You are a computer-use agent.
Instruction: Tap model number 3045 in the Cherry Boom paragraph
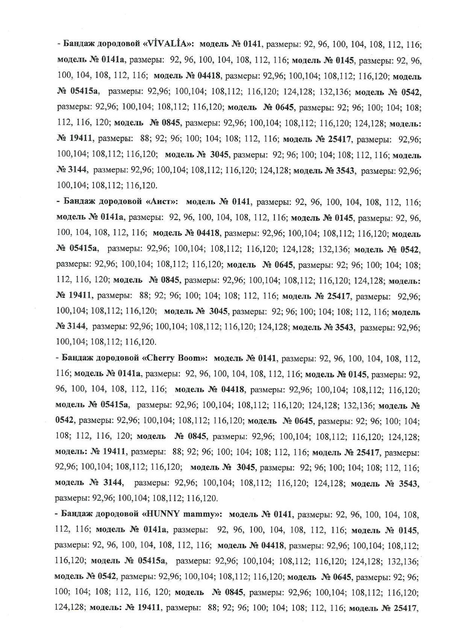[x=246, y=468]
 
